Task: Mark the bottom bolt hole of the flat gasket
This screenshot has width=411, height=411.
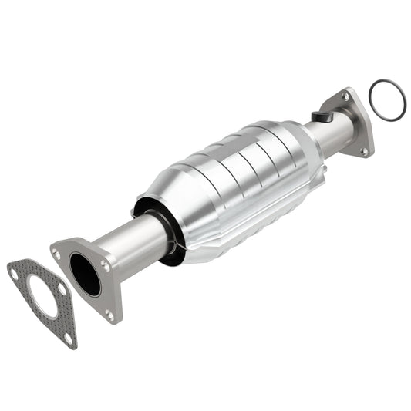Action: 68,338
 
